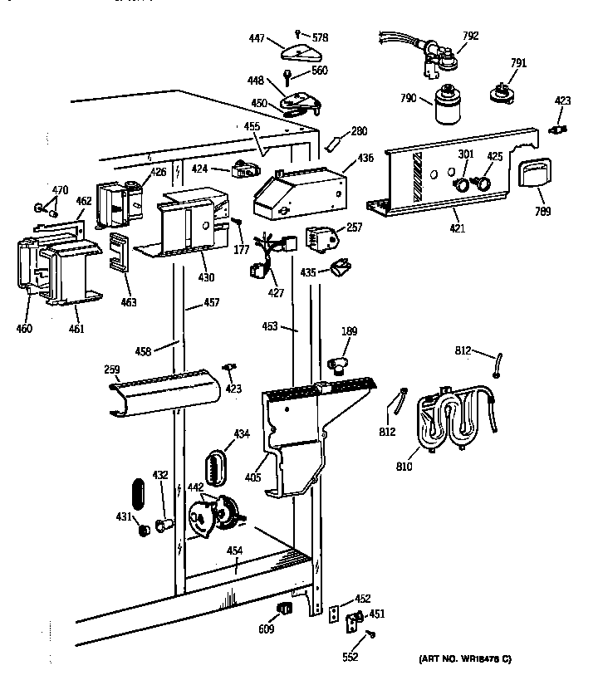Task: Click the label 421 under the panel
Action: [x=458, y=228]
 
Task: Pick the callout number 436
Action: [x=365, y=158]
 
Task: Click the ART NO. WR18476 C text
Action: [x=463, y=659]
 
